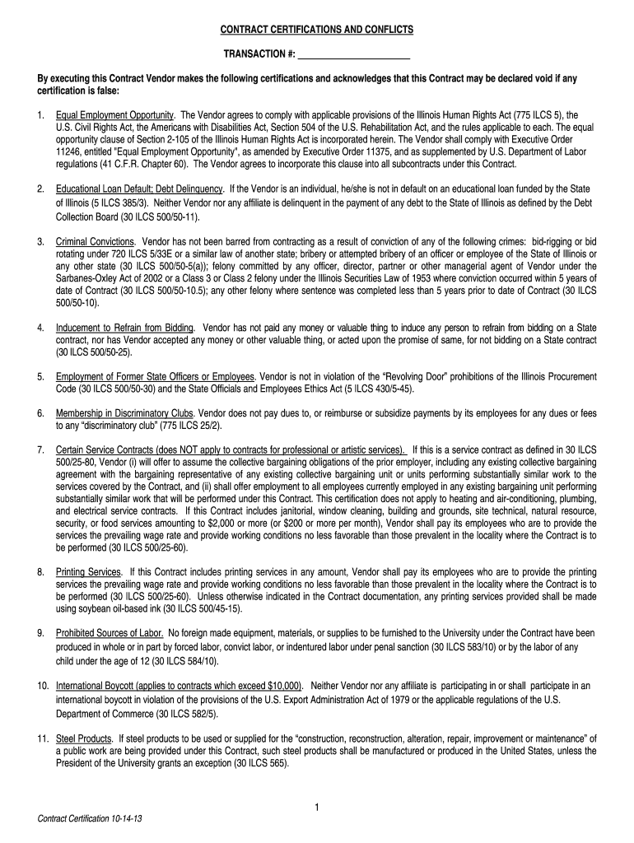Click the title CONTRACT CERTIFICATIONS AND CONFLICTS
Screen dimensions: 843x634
316,30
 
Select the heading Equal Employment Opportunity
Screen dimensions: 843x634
114,114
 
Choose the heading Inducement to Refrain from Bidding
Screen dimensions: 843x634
124,327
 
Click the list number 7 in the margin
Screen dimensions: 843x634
40,449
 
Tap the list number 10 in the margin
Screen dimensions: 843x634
43,686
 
